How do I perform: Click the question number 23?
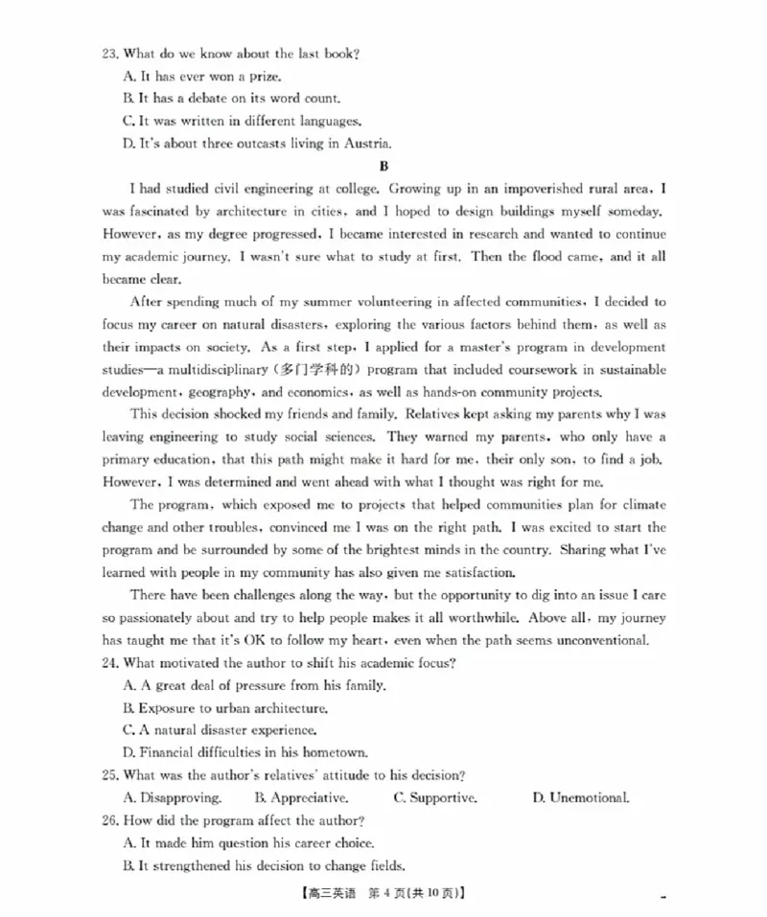(111, 54)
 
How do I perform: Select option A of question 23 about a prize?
(202, 76)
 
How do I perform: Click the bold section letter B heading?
(384, 166)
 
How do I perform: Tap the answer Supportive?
(443, 798)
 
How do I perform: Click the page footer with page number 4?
(383, 895)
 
